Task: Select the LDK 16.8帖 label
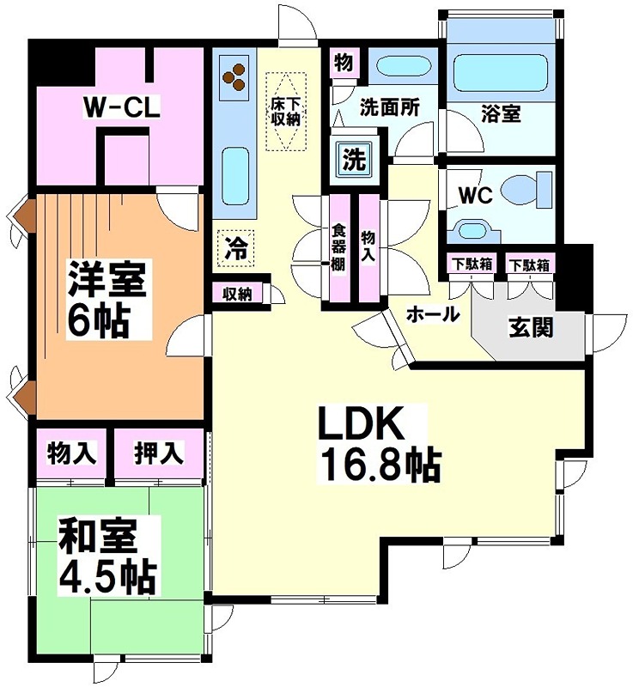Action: tap(378, 443)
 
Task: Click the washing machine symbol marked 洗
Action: tap(352, 158)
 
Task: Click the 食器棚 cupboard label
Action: tap(338, 249)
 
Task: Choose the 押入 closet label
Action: tap(159, 453)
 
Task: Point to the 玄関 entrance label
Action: tap(530, 327)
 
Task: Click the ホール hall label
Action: tap(432, 314)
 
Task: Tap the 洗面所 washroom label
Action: tap(389, 108)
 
